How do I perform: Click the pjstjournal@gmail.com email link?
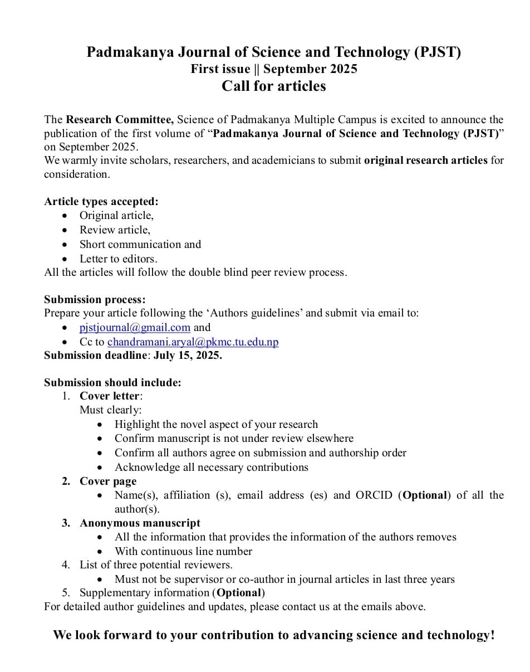click(x=135, y=328)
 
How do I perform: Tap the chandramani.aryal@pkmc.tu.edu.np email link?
click(x=193, y=342)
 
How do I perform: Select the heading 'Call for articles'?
click(x=273, y=86)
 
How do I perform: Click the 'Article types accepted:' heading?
click(x=101, y=202)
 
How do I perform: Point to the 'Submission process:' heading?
click(x=95, y=300)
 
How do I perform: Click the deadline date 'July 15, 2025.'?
click(x=188, y=356)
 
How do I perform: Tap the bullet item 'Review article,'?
click(x=115, y=230)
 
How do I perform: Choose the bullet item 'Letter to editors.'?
click(x=118, y=259)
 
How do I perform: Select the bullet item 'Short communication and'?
click(x=140, y=244)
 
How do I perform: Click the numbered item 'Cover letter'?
click(x=110, y=396)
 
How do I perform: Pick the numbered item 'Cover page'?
click(x=108, y=481)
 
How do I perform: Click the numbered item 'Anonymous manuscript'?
click(x=140, y=523)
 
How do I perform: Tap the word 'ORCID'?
click(x=374, y=495)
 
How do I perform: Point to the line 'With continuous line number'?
click(x=183, y=551)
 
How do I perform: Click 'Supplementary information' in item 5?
click(x=145, y=592)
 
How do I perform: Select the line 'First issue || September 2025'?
click(x=273, y=69)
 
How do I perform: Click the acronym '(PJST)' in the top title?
click(x=438, y=53)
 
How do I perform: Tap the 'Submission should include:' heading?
click(x=112, y=383)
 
